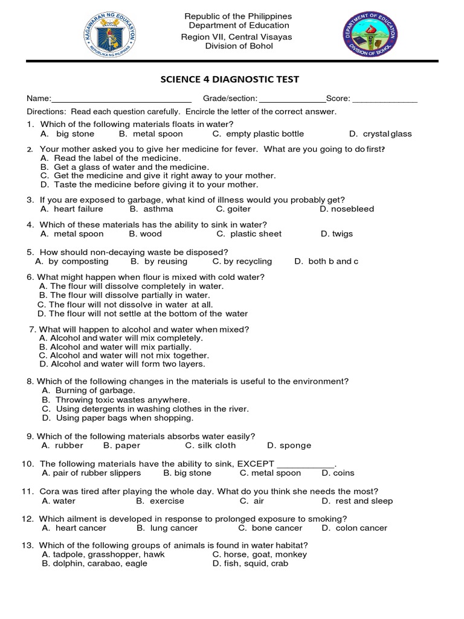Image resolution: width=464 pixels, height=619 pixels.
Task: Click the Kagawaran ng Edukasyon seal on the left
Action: point(109,36)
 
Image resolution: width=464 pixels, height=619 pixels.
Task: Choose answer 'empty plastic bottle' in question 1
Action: point(263,134)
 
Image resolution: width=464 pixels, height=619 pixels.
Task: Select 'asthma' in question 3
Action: point(158,209)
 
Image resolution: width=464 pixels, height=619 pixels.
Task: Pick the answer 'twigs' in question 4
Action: point(342,234)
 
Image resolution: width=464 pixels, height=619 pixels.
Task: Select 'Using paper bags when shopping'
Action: point(124,418)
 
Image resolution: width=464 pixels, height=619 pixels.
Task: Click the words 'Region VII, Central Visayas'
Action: point(237,37)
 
